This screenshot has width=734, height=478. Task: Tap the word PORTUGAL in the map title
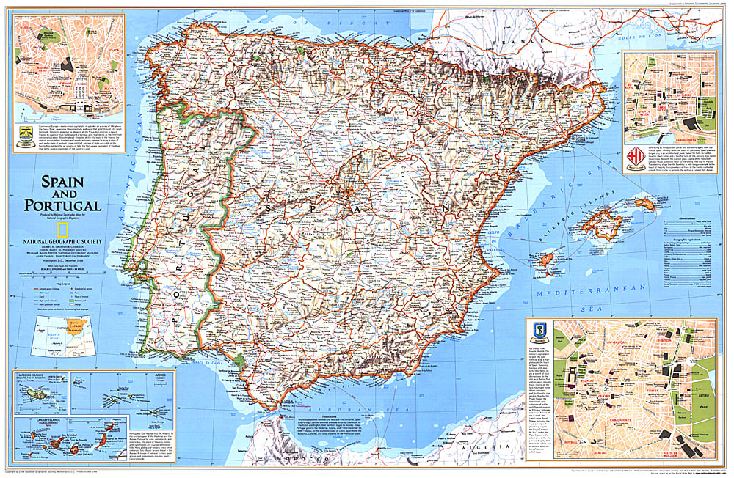[62, 205]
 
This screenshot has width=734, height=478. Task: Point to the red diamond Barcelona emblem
[635, 157]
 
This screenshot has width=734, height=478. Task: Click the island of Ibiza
[545, 259]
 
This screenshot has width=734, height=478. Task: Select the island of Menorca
[645, 203]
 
